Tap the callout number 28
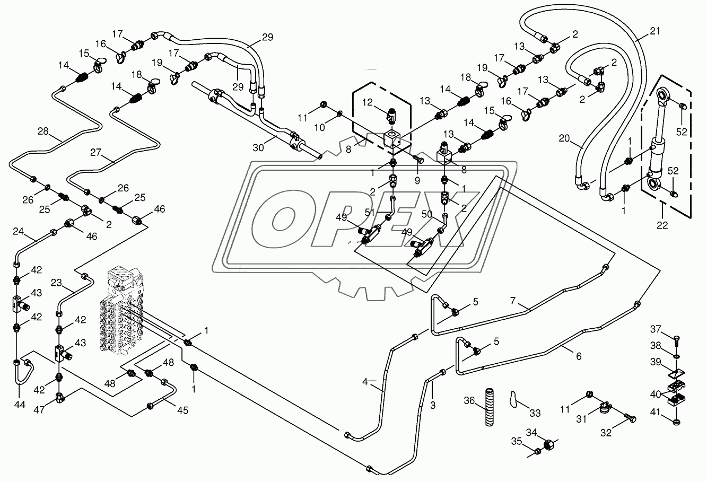[x=43, y=130]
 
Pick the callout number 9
[x=417, y=180]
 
